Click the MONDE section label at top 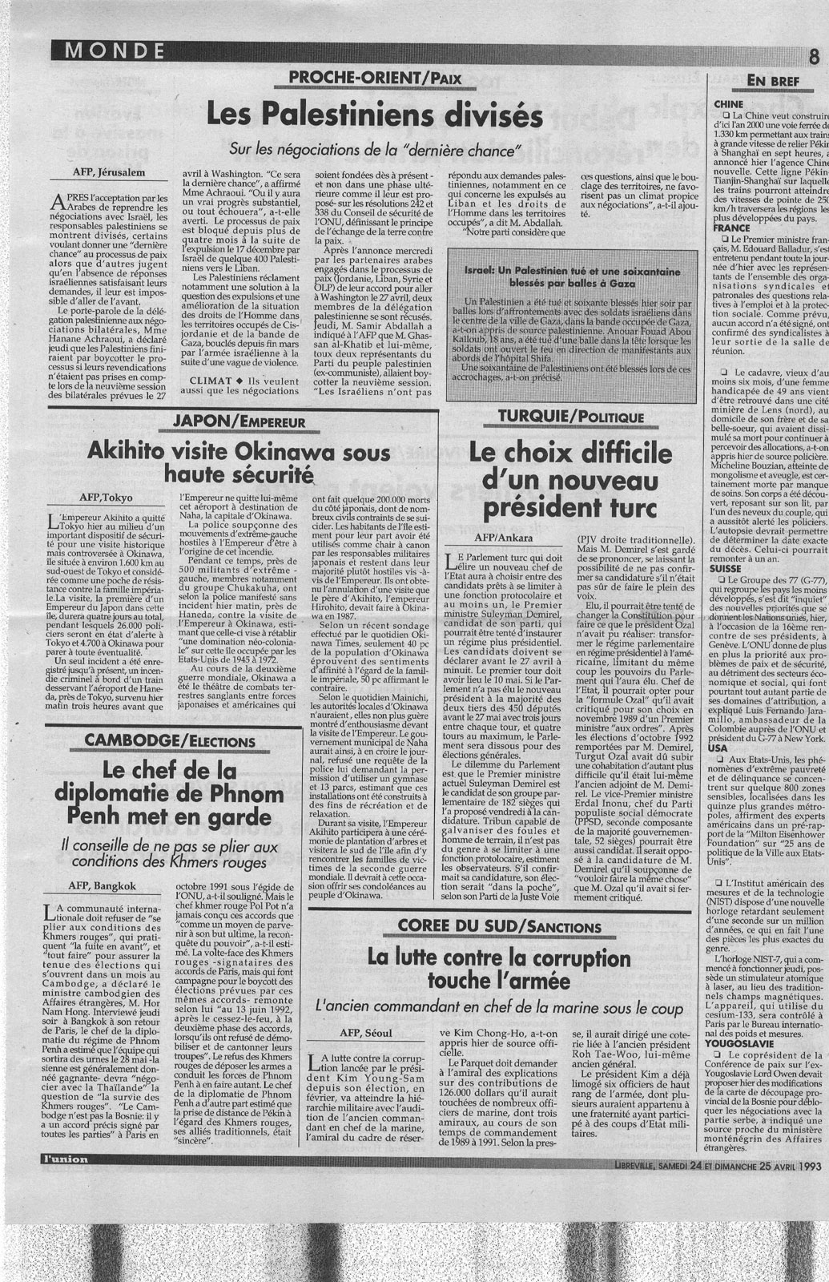(110, 51)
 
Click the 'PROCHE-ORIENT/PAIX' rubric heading (375, 79)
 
